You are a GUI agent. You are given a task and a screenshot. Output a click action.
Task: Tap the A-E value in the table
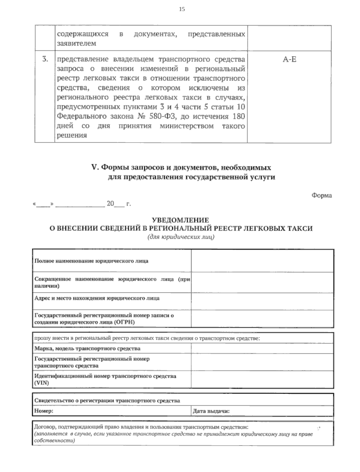coord(289,59)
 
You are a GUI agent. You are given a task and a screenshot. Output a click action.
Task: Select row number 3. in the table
coord(45,59)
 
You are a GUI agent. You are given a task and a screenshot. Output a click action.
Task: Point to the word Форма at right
coord(322,195)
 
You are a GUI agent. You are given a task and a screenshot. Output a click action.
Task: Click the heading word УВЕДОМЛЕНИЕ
coord(181,220)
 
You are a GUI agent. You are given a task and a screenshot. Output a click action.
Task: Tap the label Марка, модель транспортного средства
coord(87,349)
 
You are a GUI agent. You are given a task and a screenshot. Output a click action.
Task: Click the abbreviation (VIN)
coord(42,383)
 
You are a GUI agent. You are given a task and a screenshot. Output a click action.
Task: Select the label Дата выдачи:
coord(211,411)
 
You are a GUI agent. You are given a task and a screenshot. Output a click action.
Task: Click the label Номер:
coord(44,411)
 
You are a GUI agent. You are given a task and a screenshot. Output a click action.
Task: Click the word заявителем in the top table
coord(76,44)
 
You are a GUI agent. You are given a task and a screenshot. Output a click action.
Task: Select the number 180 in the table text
coord(238,116)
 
